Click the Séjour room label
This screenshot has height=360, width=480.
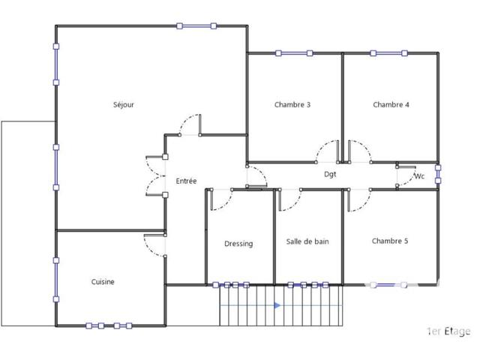[124, 105]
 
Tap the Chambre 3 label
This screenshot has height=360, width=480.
[292, 105]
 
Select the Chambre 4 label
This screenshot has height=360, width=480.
[391, 105]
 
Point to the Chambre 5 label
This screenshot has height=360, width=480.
[390, 241]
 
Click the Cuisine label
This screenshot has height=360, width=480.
[103, 282]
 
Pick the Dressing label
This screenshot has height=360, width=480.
[238, 244]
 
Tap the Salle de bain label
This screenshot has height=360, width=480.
[307, 241]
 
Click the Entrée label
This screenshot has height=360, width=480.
[186, 181]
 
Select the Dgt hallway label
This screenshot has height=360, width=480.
[330, 174]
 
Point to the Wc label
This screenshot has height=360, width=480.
[419, 176]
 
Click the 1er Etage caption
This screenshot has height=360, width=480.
[448, 331]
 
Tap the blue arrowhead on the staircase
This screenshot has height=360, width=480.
[277, 305]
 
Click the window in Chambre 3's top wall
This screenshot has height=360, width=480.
[294, 53]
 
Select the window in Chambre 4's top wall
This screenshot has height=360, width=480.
[388, 53]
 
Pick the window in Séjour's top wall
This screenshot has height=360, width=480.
[196, 26]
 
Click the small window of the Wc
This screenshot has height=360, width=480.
[438, 174]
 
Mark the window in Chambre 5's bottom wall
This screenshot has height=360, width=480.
[388, 285]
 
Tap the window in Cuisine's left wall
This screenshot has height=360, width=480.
[56, 280]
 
